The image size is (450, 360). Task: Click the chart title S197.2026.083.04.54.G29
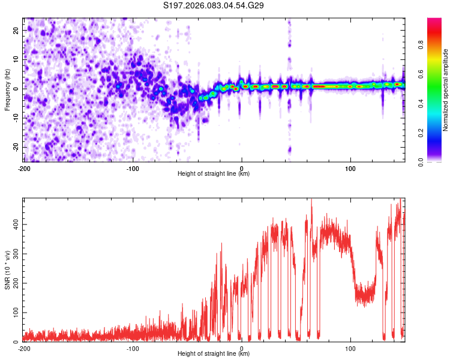tap(214, 6)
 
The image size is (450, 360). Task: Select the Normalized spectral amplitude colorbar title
tap(446, 90)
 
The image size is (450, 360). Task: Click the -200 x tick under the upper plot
tap(24, 167)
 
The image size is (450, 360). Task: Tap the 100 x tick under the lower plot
tap(350, 347)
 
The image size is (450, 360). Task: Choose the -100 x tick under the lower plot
tap(133, 347)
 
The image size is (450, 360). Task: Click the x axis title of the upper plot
tap(214, 174)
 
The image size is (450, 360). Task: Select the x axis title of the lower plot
tap(214, 354)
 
